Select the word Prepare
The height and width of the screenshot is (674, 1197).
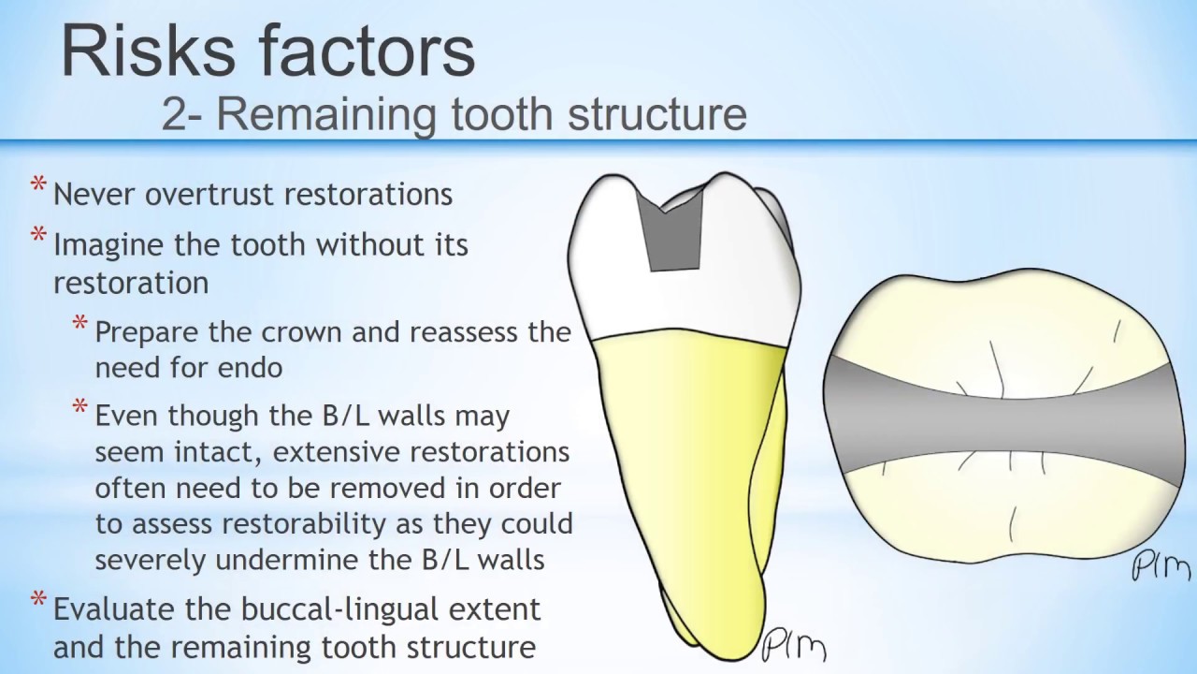pos(143,332)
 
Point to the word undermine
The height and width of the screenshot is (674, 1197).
pos(295,560)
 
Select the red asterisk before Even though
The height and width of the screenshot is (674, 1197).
pos(81,408)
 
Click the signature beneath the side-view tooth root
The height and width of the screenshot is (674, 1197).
pos(793,646)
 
